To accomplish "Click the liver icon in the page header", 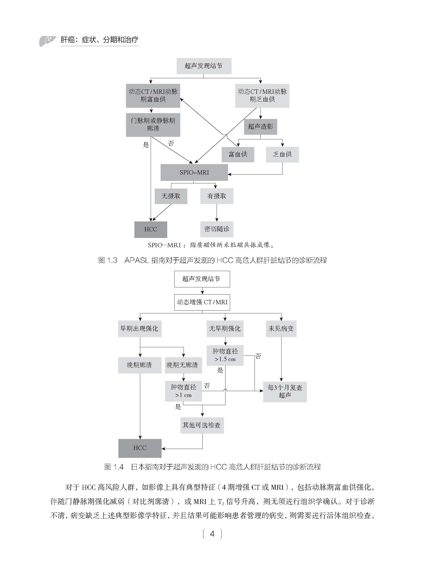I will point(48,41).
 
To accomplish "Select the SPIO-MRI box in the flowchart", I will point(194,172).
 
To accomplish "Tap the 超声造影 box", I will point(260,127).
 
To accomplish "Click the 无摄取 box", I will point(171,196).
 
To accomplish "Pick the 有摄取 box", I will point(217,196).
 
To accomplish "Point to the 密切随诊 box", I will point(217,229).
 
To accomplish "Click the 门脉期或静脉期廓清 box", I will point(153,125).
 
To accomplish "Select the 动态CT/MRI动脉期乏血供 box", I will point(262,96).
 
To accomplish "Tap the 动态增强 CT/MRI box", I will point(202,302).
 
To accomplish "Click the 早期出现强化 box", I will point(139,329).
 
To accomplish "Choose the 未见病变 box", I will point(281,329).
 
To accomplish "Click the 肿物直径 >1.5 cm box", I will point(225,355).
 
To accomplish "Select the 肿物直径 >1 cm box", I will point(183,391).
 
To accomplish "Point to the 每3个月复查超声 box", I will point(285,392).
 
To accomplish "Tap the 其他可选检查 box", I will point(202,425).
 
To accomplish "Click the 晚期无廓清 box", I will point(183,365).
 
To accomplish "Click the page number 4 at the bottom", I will point(212,534).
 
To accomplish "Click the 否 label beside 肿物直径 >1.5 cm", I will point(258,356).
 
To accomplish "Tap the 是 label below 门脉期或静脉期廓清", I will point(146,145).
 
